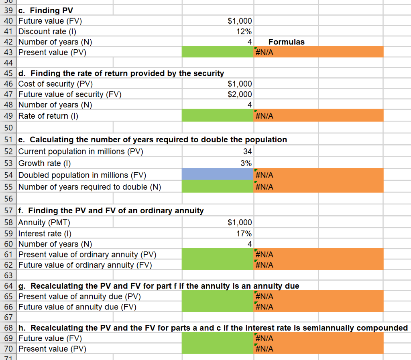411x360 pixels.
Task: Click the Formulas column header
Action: pyautogui.click(x=286, y=42)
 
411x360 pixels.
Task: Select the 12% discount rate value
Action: pyautogui.click(x=244, y=31)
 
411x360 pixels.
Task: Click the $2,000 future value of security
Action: pyautogui.click(x=240, y=94)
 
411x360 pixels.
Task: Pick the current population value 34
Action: pyautogui.click(x=247, y=152)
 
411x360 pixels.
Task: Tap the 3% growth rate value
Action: pyautogui.click(x=246, y=163)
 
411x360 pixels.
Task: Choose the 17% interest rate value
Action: pyautogui.click(x=244, y=233)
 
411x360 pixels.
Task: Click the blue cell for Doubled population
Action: pyautogui.click(x=218, y=175)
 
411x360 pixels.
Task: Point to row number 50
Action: pyautogui.click(x=8, y=127)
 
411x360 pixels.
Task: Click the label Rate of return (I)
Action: pyautogui.click(x=48, y=116)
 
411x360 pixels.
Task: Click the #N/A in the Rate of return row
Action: pyautogui.click(x=264, y=116)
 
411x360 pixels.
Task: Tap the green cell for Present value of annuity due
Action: pyautogui.click(x=218, y=297)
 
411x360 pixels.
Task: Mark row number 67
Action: pyautogui.click(x=8, y=318)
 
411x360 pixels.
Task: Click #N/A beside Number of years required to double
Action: pyautogui.click(x=264, y=187)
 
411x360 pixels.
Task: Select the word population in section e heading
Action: pyautogui.click(x=267, y=140)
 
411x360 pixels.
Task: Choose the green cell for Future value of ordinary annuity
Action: pyautogui.click(x=218, y=265)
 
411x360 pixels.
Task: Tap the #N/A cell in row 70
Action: pyautogui.click(x=264, y=349)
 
